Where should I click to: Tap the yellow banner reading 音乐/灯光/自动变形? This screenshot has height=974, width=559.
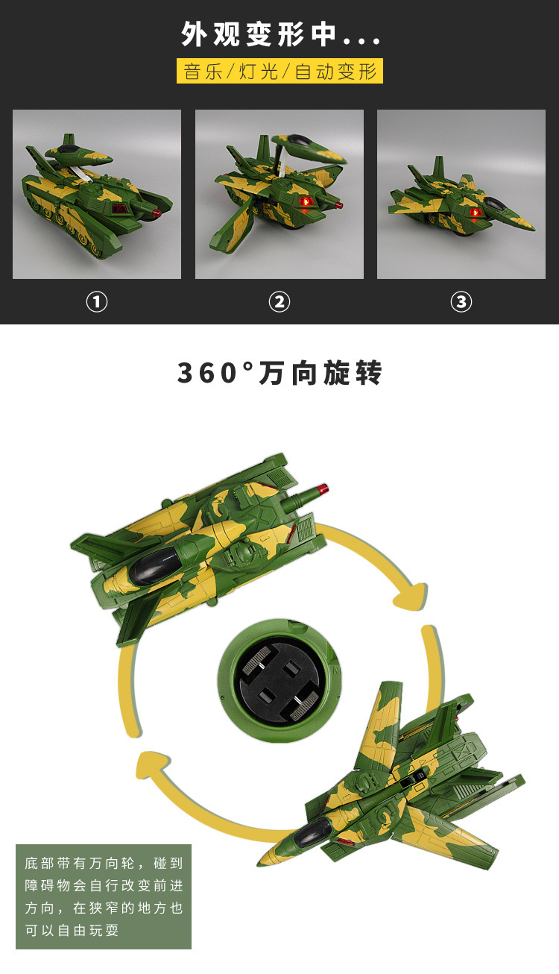tap(280, 72)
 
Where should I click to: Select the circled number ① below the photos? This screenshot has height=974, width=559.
tap(97, 302)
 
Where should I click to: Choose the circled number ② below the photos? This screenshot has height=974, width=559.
tap(279, 302)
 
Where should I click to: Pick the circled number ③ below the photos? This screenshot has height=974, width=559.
tap(461, 302)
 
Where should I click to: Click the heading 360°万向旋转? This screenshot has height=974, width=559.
tap(279, 373)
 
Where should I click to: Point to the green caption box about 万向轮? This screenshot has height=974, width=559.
tap(104, 896)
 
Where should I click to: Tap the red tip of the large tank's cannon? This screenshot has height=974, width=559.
tap(322, 489)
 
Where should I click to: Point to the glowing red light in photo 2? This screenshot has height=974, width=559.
tap(303, 203)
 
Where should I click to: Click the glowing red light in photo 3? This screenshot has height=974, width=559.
tap(475, 213)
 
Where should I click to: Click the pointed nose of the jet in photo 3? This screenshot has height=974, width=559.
tap(532, 227)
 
